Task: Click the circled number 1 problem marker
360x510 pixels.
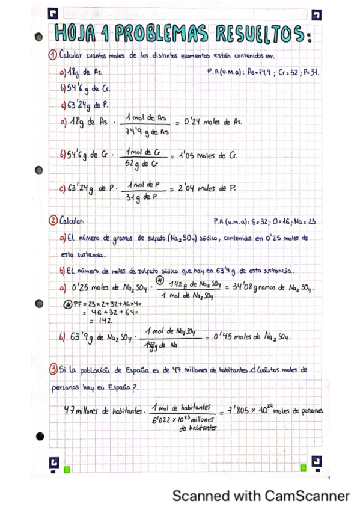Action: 52,57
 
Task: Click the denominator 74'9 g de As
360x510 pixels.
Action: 147,131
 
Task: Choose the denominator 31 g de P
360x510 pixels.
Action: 139,197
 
